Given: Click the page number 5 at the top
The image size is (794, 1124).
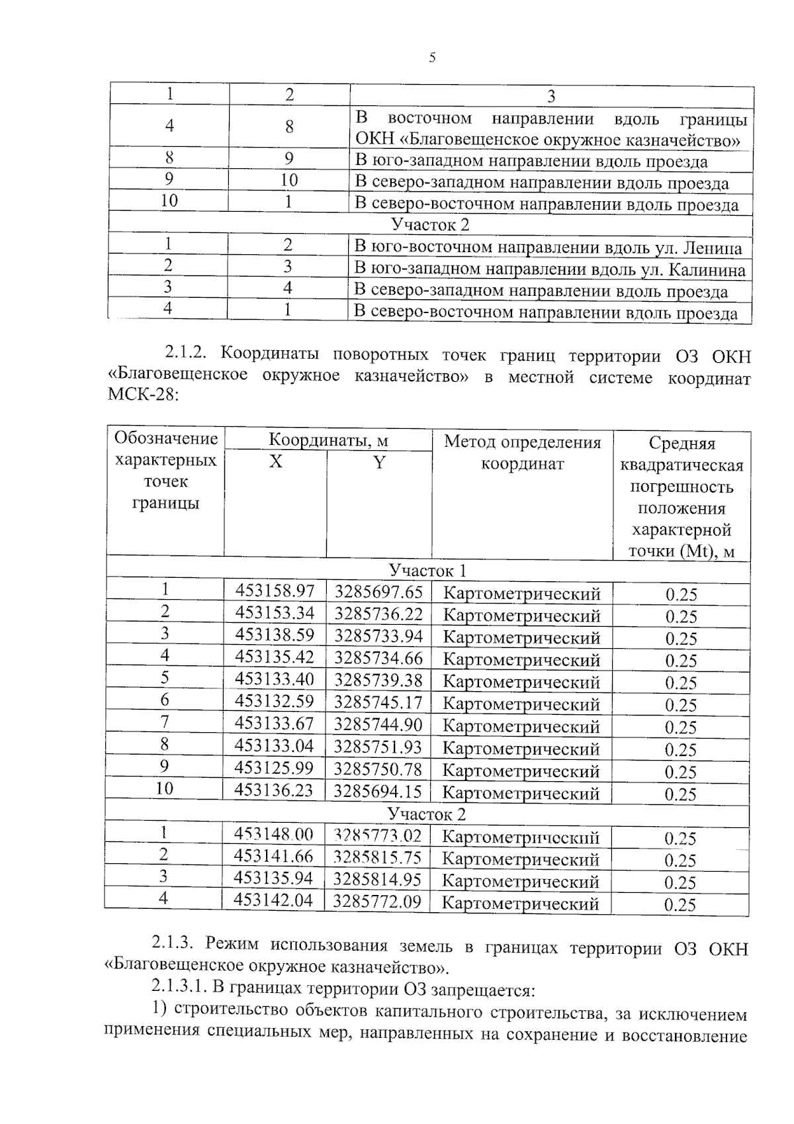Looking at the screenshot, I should (432, 58).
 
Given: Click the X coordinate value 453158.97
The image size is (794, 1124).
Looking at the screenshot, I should (275, 591).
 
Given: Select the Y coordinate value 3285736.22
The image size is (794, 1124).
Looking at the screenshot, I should (378, 614).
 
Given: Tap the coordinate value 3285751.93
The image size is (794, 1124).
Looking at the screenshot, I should (377, 747).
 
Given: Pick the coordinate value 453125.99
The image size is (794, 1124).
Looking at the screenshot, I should (274, 768).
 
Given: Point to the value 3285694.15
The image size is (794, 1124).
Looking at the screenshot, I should (377, 790).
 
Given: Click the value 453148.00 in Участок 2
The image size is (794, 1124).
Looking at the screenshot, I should (273, 835).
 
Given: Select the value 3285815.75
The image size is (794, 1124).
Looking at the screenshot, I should (376, 857).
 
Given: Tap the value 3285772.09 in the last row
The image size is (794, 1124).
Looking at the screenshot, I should (376, 901).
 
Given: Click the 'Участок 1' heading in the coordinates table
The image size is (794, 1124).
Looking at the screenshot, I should (427, 571).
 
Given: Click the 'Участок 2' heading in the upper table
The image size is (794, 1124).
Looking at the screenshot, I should (430, 224).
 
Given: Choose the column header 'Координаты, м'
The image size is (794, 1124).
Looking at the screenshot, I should (328, 440).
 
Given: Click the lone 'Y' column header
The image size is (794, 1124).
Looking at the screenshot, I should (378, 463).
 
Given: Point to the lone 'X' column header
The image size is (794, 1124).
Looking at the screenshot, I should (275, 461).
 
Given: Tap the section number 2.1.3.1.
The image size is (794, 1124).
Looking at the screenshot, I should (178, 990).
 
